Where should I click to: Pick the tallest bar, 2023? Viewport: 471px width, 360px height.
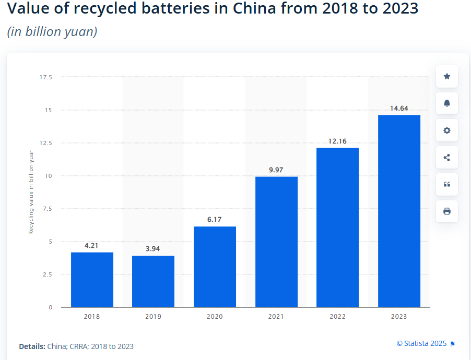[399, 211]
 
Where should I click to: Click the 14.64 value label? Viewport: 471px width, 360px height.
[399, 108]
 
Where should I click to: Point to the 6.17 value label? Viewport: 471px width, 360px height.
[214, 220]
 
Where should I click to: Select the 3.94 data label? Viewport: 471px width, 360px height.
[153, 249]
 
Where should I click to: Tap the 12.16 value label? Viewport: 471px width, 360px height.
[337, 141]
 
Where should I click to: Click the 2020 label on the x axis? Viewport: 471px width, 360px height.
[214, 317]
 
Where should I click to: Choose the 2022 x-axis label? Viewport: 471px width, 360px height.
[337, 317]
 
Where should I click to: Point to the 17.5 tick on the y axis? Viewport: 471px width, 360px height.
[46, 77]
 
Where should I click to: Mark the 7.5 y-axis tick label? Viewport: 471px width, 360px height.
[47, 209]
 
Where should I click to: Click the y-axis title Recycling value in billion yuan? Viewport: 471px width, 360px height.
[31, 191]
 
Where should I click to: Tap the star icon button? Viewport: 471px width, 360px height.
[446, 77]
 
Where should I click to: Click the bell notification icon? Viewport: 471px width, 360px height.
[446, 103]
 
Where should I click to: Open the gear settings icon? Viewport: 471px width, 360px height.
[446, 130]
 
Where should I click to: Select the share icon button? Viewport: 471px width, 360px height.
[446, 158]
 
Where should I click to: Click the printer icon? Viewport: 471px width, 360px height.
[446, 211]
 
